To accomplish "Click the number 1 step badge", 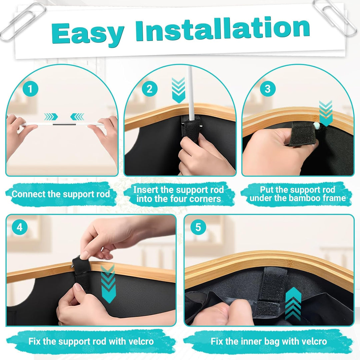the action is point(30,89).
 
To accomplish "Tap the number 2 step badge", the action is point(150,89).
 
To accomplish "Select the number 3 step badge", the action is point(268,89).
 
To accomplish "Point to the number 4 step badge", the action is point(20,227).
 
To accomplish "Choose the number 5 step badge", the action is point(198,227).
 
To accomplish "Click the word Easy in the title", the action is point(88,33).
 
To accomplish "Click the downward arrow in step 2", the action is point(178,90).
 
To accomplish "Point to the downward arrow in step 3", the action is point(326,113).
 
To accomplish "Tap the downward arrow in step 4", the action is point(108,284).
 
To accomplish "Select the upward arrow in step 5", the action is point(293,304).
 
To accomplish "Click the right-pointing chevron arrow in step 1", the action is point(51,117).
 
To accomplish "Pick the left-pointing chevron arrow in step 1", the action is point(77,117).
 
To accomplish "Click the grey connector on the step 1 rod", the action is point(64,124).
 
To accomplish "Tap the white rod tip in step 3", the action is point(316,125).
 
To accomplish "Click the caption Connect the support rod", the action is point(61,194).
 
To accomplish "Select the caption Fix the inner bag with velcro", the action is point(269,341).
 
